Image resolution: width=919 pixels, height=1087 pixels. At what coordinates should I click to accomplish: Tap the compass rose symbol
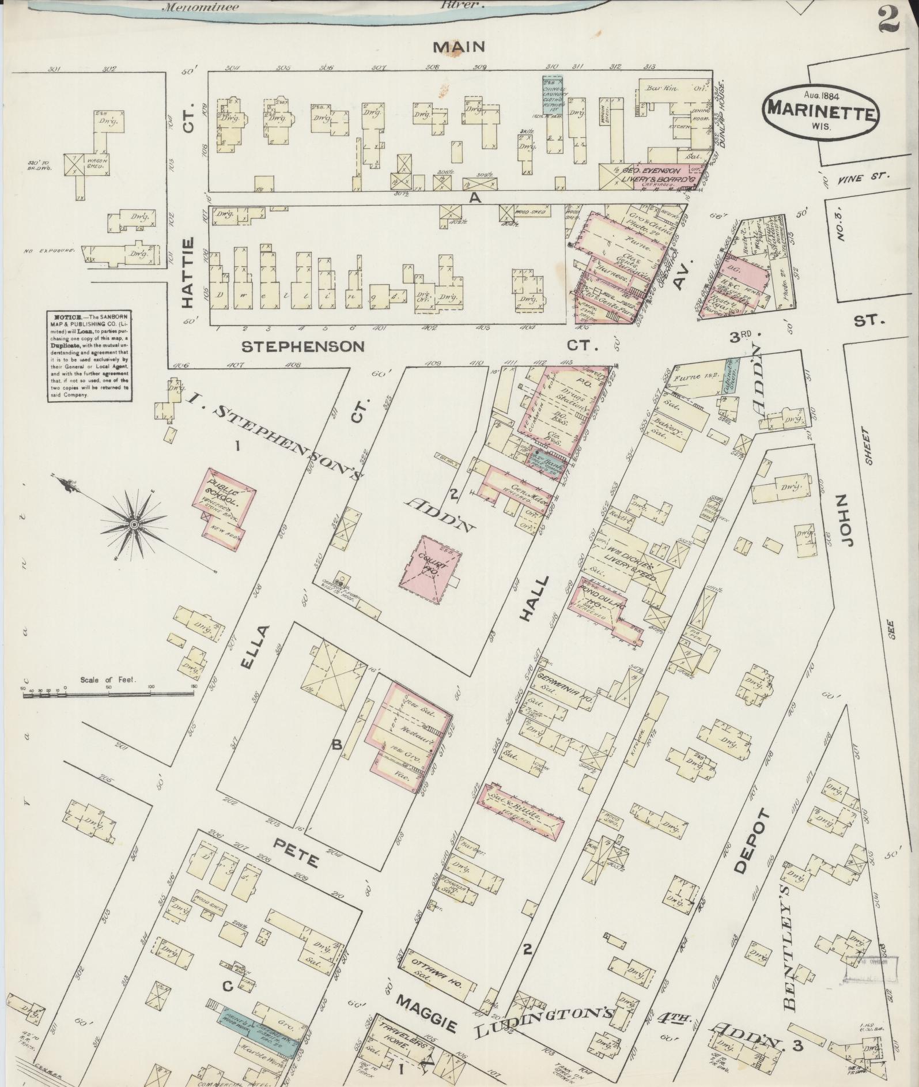[134, 523]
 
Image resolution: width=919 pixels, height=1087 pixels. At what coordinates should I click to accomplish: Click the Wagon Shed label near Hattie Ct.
[95, 163]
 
